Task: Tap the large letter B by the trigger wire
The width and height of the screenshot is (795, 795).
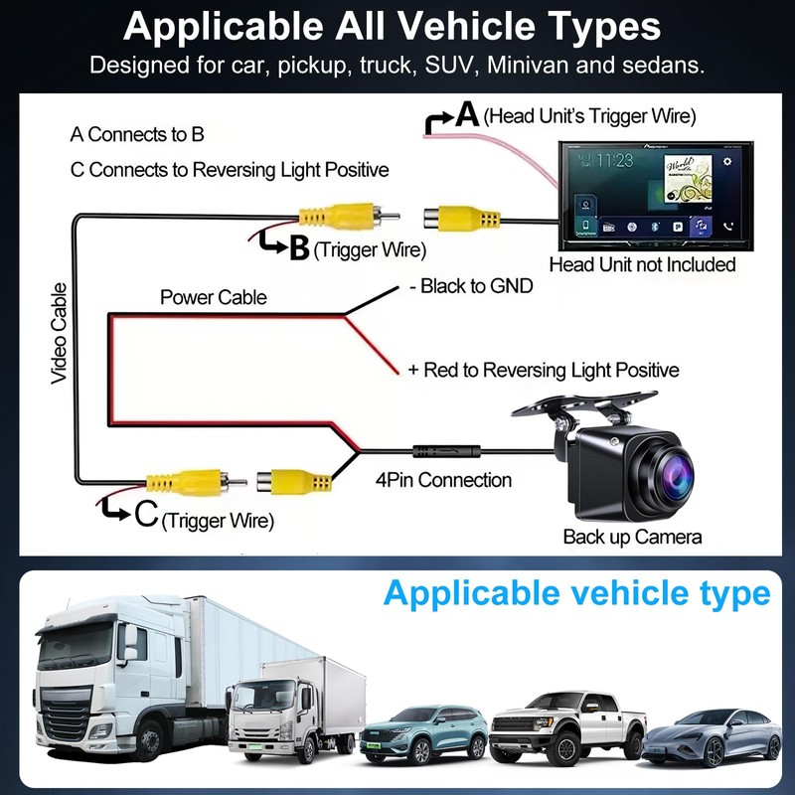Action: (x=298, y=249)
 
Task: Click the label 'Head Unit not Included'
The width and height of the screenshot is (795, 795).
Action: (x=642, y=264)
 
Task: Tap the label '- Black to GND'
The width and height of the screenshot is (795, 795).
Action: (x=471, y=286)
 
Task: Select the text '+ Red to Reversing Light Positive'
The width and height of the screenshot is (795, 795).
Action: (x=544, y=370)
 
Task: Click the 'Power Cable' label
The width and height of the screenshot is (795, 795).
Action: (x=214, y=297)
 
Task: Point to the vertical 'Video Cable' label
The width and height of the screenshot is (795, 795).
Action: (x=59, y=334)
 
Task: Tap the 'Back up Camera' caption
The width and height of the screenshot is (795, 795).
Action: (x=632, y=537)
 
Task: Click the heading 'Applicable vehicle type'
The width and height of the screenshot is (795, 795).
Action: (x=576, y=593)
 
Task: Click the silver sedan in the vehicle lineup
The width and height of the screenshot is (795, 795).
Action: (x=712, y=739)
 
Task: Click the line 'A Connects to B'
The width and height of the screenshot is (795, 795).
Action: (x=137, y=134)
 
